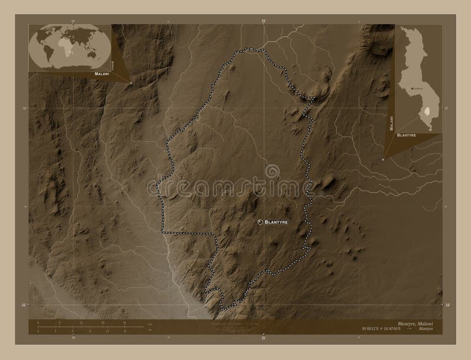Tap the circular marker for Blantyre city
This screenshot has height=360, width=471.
pyautogui.click(x=261, y=222)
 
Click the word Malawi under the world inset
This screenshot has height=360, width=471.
pyautogui.click(x=100, y=75)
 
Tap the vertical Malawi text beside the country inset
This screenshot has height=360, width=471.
pyautogui.click(x=390, y=121)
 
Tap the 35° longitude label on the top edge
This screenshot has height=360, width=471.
pyautogui.click(x=264, y=21)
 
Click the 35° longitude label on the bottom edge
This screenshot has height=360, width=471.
pyautogui.click(x=264, y=338)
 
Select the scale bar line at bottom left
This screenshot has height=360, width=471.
pyautogui.click(x=82, y=327)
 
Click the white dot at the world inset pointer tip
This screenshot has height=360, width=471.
pyautogui.click(x=131, y=83)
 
